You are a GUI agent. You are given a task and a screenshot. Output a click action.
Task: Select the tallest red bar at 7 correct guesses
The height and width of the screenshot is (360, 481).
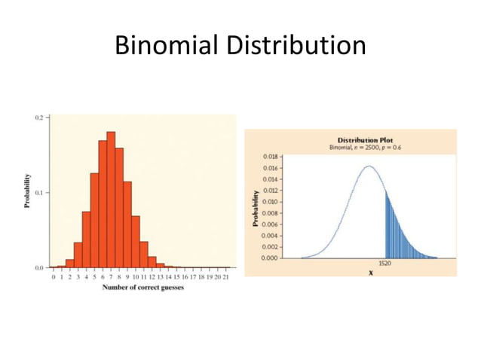[111, 200]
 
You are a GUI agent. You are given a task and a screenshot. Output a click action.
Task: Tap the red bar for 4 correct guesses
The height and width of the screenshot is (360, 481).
[86, 239]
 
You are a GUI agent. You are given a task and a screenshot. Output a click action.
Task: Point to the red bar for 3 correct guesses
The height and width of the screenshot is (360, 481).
[78, 255]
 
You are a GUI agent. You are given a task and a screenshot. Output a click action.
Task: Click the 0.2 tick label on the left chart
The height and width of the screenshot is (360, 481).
[38, 117]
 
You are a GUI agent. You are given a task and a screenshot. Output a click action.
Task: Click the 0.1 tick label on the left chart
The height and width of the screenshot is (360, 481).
[38, 193]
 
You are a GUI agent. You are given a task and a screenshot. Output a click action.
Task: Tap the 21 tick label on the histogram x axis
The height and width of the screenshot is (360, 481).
[226, 277]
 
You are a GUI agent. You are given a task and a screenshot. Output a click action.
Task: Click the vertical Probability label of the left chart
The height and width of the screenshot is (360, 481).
[27, 193]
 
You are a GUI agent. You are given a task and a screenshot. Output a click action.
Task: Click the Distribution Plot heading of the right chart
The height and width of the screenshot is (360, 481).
[366, 140]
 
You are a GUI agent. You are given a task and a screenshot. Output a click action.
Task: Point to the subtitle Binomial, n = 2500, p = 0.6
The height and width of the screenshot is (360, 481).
[366, 148]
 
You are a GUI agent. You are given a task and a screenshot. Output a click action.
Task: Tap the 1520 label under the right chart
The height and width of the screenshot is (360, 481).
[384, 264]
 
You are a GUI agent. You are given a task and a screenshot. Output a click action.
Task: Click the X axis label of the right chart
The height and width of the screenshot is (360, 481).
[370, 273]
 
